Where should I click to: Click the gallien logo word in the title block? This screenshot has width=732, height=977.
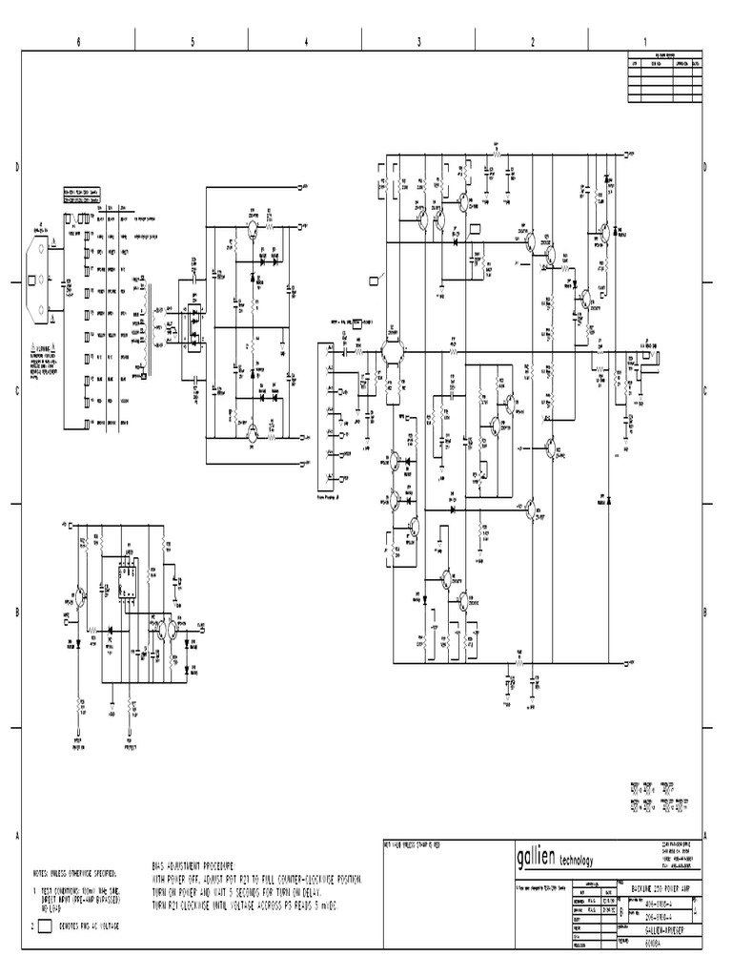pyautogui.click(x=539, y=854)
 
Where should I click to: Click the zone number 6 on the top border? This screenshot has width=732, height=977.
pyautogui.click(x=78, y=41)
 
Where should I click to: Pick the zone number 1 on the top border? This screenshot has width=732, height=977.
pyautogui.click(x=645, y=41)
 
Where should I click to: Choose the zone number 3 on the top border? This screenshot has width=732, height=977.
pyautogui.click(x=418, y=41)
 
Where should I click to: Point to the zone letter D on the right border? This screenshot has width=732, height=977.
pyautogui.click(x=704, y=168)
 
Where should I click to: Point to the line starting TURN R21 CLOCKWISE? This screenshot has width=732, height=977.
pyautogui.click(x=245, y=904)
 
